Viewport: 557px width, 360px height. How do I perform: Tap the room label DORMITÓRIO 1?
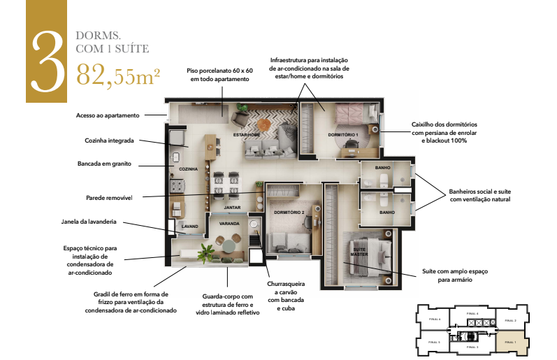click(342, 134)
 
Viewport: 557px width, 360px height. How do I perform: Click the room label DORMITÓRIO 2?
click(288, 212)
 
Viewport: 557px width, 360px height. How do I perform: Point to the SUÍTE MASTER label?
click(359, 252)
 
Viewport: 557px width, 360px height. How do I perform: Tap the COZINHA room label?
click(188, 169)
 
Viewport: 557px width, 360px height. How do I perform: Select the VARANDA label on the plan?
click(229, 224)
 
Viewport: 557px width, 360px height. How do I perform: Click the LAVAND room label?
click(190, 226)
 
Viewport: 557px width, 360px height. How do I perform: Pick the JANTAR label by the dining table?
click(233, 208)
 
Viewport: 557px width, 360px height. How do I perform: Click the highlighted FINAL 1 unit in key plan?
click(509, 342)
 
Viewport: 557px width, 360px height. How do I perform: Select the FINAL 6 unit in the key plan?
click(435, 319)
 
